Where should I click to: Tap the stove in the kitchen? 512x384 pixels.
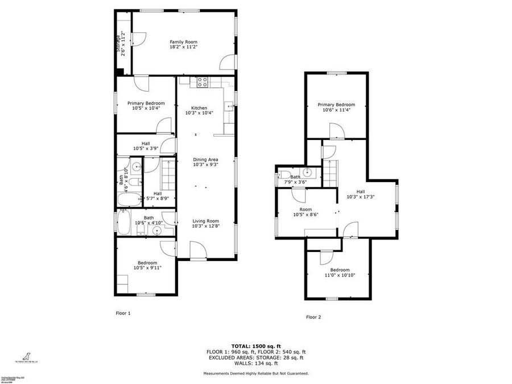pyautogui.click(x=201, y=82)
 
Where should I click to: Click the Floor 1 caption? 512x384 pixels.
pyautogui.click(x=123, y=313)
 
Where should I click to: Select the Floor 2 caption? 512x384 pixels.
pyautogui.click(x=313, y=317)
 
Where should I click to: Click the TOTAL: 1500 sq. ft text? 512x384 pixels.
pyautogui.click(x=255, y=346)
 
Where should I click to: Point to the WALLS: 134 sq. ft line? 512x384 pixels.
pyautogui.click(x=255, y=363)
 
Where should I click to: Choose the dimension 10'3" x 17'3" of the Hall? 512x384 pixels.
pyautogui.click(x=360, y=197)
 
